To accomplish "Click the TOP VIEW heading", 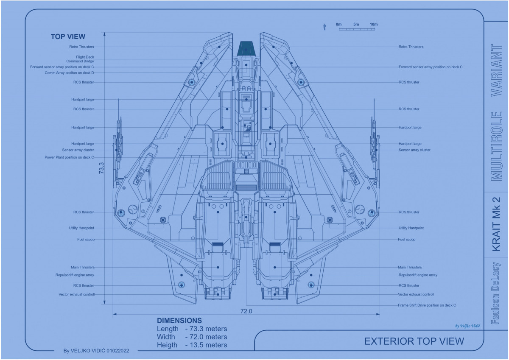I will [x=68, y=37].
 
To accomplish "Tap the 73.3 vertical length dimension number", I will [x=101, y=168].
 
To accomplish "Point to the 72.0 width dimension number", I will [x=246, y=311].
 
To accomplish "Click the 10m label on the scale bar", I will [x=373, y=24].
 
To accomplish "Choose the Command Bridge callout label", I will [x=80, y=61].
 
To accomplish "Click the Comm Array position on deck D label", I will [x=69, y=73].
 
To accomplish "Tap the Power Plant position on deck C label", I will [x=69, y=157].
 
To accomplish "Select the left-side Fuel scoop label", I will [x=86, y=240].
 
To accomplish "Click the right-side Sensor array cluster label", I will [x=414, y=150].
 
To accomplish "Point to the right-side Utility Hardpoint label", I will [x=411, y=228].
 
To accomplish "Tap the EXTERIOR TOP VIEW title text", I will [x=414, y=341].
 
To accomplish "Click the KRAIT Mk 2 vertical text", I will [x=496, y=224].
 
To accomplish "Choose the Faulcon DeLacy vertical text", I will [x=496, y=293].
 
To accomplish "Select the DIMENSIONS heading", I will [x=179, y=321].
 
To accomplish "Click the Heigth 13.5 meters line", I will [x=192, y=345].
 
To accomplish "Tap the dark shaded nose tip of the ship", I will [x=246, y=48].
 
